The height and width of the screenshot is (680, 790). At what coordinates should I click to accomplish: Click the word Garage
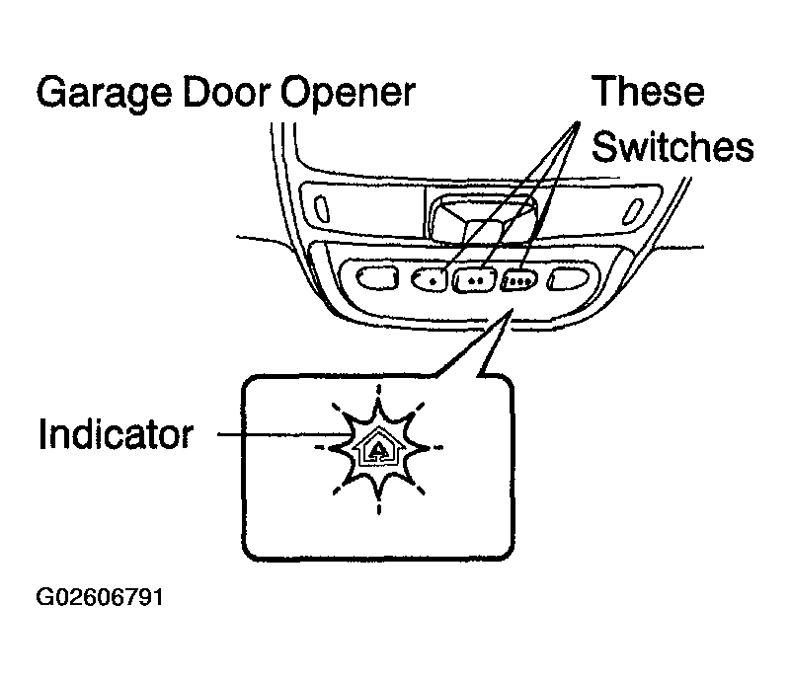pyautogui.click(x=105, y=94)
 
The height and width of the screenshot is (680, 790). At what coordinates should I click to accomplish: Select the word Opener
pyautogui.click(x=348, y=94)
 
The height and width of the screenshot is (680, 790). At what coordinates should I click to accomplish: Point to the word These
pyautogui.click(x=649, y=91)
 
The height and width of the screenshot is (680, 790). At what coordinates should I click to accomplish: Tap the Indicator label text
pyautogui.click(x=116, y=433)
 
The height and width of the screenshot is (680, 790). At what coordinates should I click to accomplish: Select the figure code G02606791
pyautogui.click(x=100, y=597)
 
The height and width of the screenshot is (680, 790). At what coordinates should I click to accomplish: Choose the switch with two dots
pyautogui.click(x=475, y=279)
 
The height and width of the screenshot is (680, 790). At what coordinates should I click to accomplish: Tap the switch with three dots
pyautogui.click(x=519, y=280)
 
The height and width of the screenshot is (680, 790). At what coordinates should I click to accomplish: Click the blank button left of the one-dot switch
pyautogui.click(x=377, y=277)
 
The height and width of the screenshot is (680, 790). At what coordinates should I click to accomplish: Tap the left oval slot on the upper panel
pyautogui.click(x=322, y=208)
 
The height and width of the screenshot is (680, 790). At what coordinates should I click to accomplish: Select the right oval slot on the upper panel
pyautogui.click(x=633, y=211)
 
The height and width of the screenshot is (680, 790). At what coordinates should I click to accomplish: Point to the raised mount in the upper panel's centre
pyautogui.click(x=481, y=219)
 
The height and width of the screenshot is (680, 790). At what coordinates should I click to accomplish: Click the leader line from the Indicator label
pyautogui.click(x=283, y=433)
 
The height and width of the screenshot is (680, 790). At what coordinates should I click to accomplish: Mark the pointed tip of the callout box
pyautogui.click(x=512, y=309)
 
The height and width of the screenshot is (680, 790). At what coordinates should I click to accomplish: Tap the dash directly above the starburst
pyautogui.click(x=379, y=390)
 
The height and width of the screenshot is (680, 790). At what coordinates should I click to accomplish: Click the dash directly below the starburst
pyautogui.click(x=379, y=508)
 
